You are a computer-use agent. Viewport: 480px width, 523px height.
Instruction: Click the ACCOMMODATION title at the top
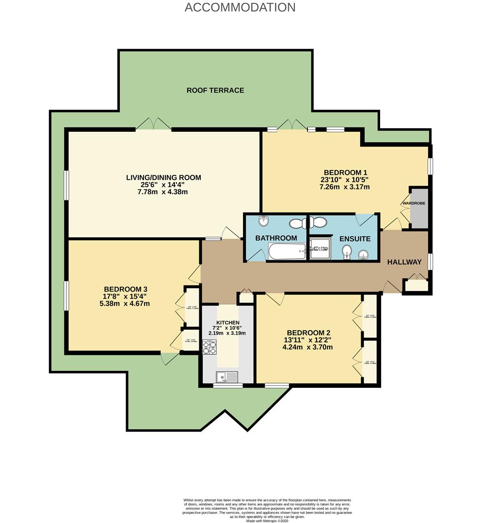(240, 7)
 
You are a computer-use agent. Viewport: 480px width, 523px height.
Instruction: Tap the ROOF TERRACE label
(215, 90)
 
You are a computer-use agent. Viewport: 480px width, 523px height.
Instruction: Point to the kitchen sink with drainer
(227, 376)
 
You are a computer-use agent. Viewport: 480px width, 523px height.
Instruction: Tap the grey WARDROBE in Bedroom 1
(419, 208)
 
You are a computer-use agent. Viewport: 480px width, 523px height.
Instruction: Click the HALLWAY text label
(404, 262)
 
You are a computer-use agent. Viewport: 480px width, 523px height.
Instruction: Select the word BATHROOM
(276, 238)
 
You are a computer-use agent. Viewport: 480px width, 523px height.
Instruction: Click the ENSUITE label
(354, 239)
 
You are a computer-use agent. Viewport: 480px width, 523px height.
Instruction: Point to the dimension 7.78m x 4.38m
(163, 192)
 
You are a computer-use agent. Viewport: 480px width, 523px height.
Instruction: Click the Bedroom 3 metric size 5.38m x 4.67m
(125, 304)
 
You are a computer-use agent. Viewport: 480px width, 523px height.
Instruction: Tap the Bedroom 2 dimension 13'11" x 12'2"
(308, 340)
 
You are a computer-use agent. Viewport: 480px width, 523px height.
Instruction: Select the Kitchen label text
(227, 323)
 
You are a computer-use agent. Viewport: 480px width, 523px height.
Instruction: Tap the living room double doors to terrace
(154, 125)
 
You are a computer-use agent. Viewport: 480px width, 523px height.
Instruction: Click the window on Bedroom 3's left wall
(66, 295)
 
